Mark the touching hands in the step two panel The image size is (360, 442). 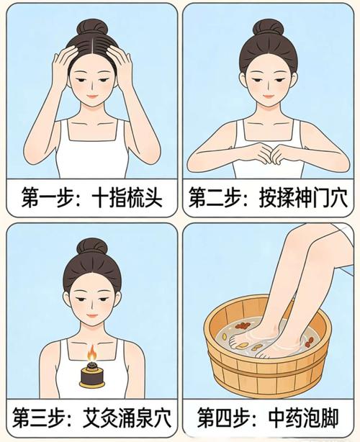(269, 153)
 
